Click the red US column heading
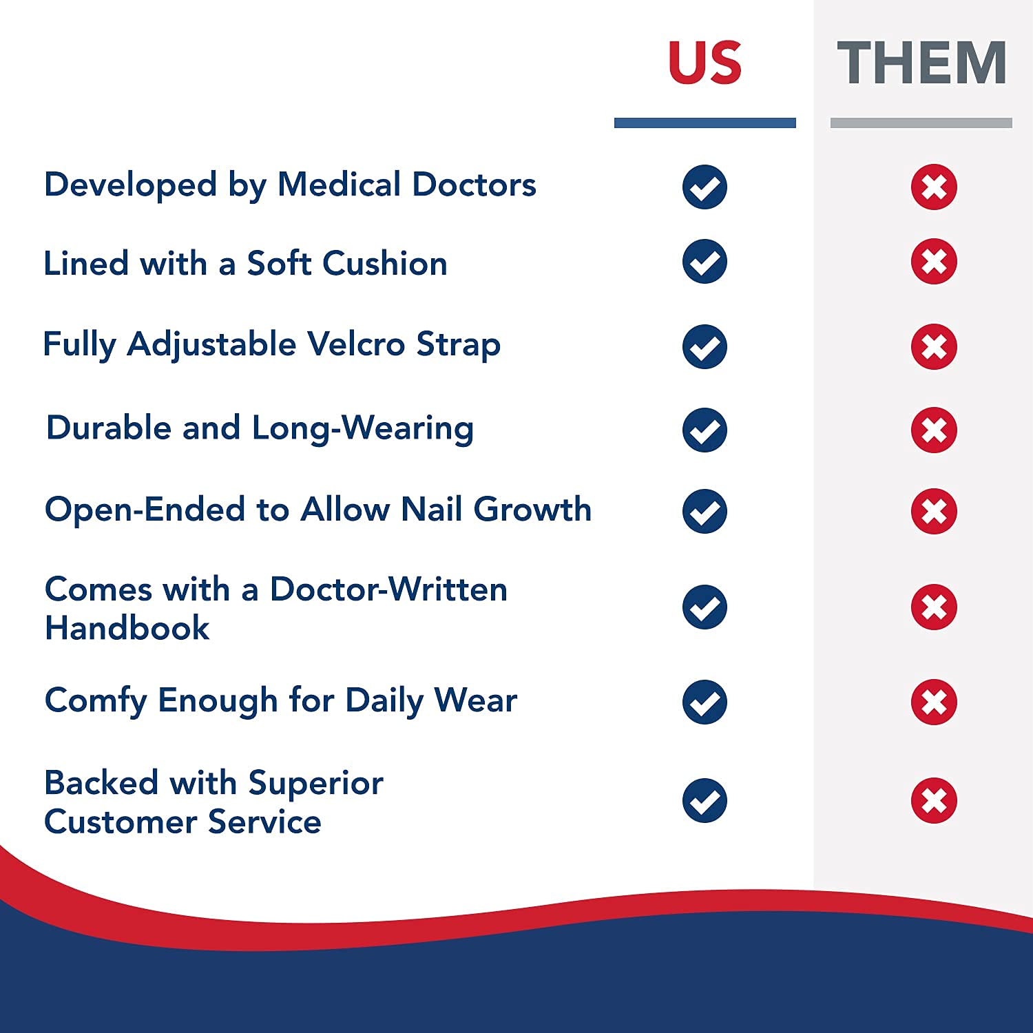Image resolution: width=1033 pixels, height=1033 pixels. [705, 63]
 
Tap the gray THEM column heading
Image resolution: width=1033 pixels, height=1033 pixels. [921, 63]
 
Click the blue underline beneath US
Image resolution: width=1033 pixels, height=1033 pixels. [705, 123]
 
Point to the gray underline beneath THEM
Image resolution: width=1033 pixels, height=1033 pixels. [921, 123]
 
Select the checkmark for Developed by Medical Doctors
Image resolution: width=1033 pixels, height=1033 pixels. [705, 187]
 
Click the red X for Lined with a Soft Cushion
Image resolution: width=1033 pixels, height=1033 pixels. [934, 262]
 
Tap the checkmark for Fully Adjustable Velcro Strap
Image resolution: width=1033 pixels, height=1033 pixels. [705, 346]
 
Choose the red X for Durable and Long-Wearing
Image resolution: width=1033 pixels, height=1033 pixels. [934, 430]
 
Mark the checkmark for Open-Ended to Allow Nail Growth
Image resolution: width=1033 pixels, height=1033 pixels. [705, 511]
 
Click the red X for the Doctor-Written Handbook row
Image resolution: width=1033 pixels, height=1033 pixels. [934, 607]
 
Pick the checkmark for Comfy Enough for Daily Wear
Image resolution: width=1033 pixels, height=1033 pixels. [705, 702]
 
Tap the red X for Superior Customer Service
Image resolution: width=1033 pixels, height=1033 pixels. [934, 800]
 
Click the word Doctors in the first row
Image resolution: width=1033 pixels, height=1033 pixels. [474, 185]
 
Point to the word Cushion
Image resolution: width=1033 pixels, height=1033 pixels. [385, 263]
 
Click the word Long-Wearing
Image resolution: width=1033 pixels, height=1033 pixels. [362, 428]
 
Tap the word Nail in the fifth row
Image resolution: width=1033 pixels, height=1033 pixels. [431, 510]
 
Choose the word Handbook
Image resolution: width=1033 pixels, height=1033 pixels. [127, 628]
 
